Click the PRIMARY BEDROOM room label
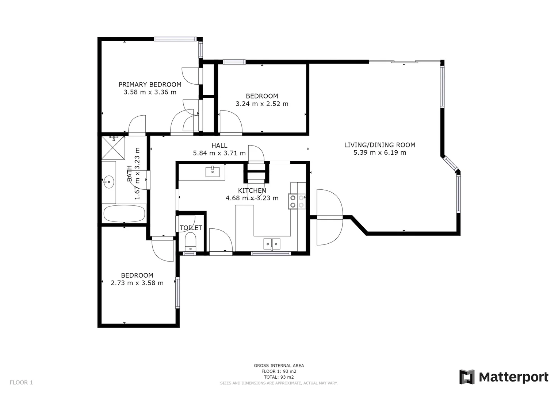pyautogui.click(x=150, y=85)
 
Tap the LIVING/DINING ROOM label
pyautogui.click(x=379, y=145)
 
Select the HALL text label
pyautogui.click(x=219, y=146)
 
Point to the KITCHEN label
pyautogui.click(x=252, y=190)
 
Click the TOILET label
pyautogui.click(x=191, y=228)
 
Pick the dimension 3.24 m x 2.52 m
pyautogui.click(x=262, y=104)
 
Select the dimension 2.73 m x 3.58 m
pyautogui.click(x=137, y=283)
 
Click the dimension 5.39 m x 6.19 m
pyautogui.click(x=379, y=152)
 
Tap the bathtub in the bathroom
pyautogui.click(x=124, y=213)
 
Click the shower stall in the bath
pyautogui.click(x=113, y=148)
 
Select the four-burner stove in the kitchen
pyautogui.click(x=297, y=201)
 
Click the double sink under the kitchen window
pyautogui.click(x=272, y=243)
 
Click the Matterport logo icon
pyautogui.click(x=467, y=377)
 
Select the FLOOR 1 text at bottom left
pyautogui.click(x=21, y=383)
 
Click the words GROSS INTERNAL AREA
pyautogui.click(x=279, y=366)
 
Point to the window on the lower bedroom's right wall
pyautogui.click(x=177, y=293)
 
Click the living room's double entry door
pyautogui.click(x=329, y=217)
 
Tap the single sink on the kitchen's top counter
pyautogui.click(x=213, y=171)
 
